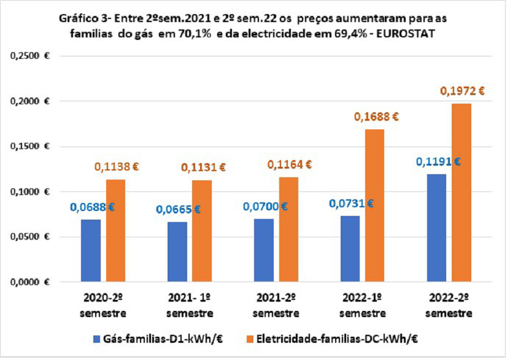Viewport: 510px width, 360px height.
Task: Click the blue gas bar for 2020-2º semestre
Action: click(91, 251)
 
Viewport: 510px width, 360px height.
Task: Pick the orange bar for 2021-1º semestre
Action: click(202, 231)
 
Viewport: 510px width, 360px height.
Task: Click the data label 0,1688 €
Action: click(375, 117)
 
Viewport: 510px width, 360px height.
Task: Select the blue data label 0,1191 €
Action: click(438, 162)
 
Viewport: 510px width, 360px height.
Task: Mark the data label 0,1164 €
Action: click(288, 164)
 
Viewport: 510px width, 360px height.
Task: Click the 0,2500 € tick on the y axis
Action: click(31, 56)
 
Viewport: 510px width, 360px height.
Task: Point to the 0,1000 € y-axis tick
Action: click(31, 192)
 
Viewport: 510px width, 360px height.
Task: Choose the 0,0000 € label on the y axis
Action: click(31, 282)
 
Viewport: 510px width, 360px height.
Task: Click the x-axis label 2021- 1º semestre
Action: click(190, 306)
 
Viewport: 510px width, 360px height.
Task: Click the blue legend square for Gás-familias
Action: click(96, 339)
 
